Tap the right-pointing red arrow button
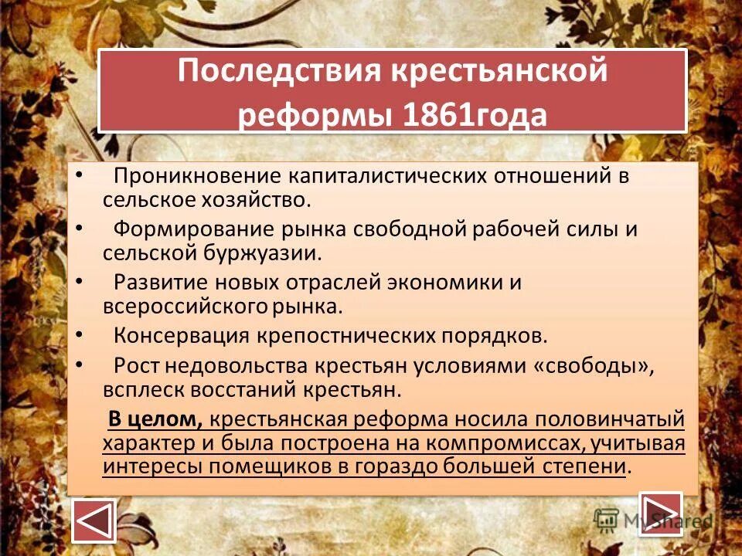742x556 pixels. [x=661, y=514]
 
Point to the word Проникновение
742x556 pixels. [x=197, y=175]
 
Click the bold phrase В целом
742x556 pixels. [x=155, y=419]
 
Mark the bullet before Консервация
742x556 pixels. [x=82, y=334]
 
